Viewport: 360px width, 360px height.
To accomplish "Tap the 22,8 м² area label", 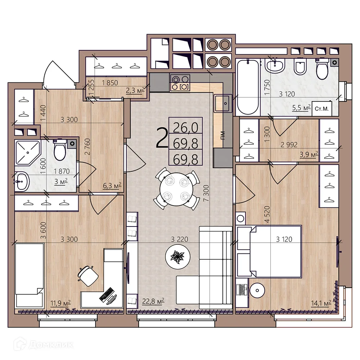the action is [x=153, y=301].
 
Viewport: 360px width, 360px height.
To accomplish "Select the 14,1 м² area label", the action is [x=321, y=303].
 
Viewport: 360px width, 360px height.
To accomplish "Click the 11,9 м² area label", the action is [x=60, y=303].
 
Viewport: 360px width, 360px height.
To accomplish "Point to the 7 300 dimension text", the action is [x=206, y=193].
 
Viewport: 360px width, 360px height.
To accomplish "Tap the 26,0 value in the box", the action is [x=185, y=128].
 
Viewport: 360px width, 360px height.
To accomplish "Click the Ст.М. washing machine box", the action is [x=321, y=108].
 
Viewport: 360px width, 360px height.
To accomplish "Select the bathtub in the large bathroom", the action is [x=248, y=87].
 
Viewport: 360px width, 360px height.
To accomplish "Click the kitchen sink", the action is [x=223, y=103].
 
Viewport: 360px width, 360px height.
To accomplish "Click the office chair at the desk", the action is [x=88, y=275].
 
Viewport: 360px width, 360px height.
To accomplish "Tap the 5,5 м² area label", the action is [x=301, y=107].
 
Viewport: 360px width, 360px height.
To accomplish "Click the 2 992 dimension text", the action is [x=289, y=145].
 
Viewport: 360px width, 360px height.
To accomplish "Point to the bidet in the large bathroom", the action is [x=300, y=66].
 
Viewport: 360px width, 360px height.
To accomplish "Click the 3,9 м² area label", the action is [x=309, y=154].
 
